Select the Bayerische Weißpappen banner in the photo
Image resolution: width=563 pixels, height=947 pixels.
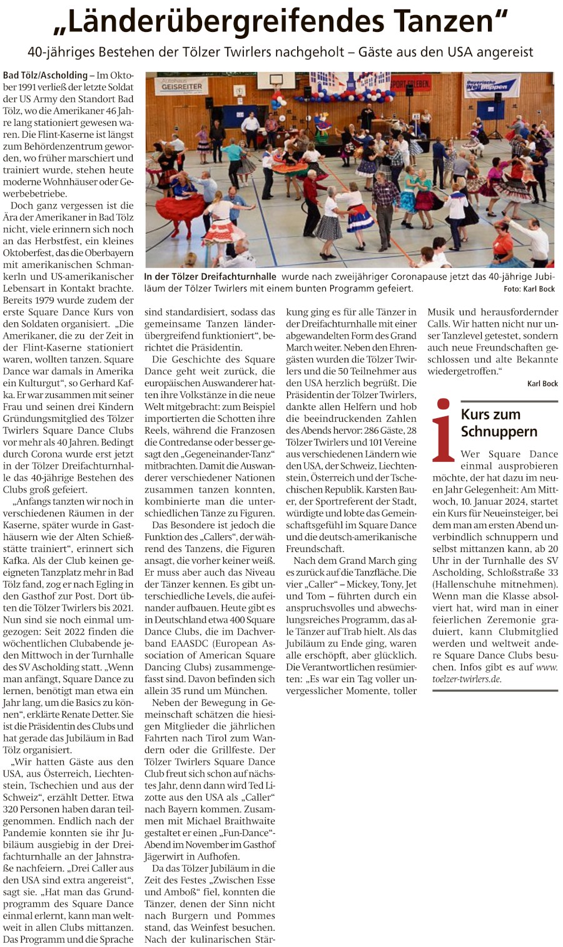pyautogui.click(x=492, y=86)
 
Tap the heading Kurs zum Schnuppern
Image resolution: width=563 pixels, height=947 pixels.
pyautogui.click(x=499, y=422)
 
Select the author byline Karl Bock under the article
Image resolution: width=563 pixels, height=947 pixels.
pyautogui.click(x=542, y=383)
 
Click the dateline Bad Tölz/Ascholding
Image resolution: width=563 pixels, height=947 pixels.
pyautogui.click(x=45, y=75)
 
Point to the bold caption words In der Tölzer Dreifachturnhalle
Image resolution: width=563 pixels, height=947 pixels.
pyautogui.click(x=210, y=277)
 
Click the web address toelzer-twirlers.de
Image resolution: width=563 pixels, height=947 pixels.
pyautogui.click(x=466, y=679)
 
